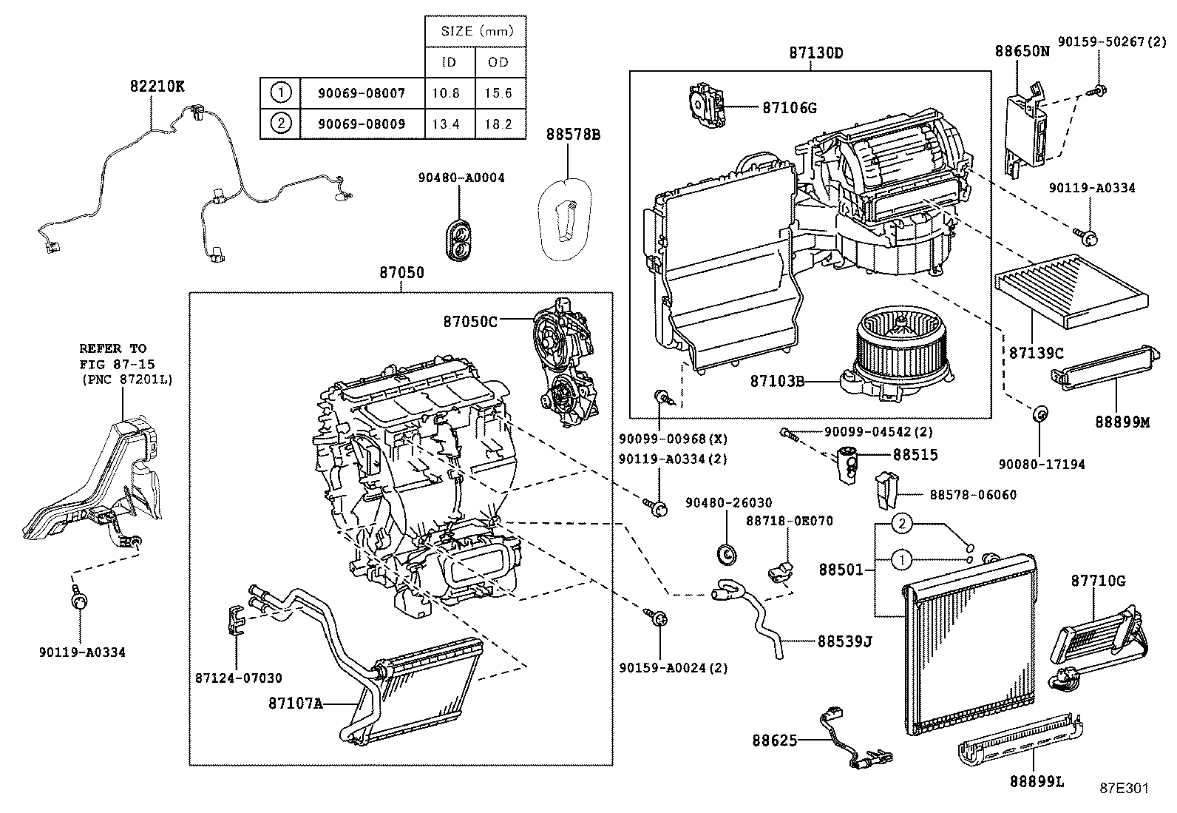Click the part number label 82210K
(x=157, y=86)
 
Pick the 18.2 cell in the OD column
(x=499, y=124)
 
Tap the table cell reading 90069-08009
(x=362, y=124)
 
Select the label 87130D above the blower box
(x=816, y=53)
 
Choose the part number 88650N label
(x=1022, y=52)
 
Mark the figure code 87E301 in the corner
(x=1124, y=788)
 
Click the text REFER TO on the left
(x=112, y=348)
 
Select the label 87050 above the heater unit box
(x=401, y=272)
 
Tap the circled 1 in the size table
(x=280, y=93)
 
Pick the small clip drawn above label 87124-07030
(x=234, y=619)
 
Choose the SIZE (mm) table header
(x=475, y=31)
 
